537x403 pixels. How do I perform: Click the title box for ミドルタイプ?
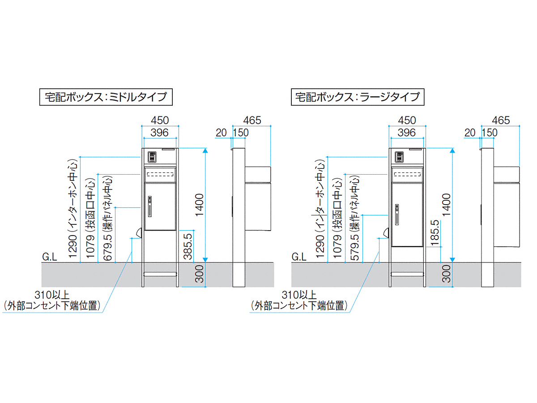(x=106, y=96)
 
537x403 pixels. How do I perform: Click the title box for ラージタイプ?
(x=356, y=96)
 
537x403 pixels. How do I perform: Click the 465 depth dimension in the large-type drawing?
(x=501, y=120)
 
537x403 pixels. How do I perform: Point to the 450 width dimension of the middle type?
(x=160, y=120)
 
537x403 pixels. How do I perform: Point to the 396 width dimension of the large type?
(x=407, y=132)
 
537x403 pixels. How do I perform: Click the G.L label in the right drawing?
(x=298, y=257)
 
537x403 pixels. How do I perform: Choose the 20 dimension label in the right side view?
(x=470, y=132)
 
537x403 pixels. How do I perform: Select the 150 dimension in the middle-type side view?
(x=241, y=132)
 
